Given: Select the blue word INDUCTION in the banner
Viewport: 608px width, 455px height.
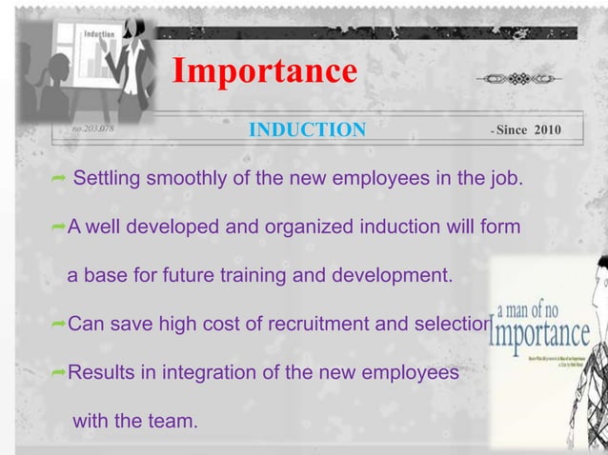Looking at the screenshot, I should [x=306, y=129].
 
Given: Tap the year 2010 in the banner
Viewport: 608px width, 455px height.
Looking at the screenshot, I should [x=547, y=129].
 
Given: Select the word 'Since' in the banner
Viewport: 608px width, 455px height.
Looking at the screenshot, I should [x=513, y=129].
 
